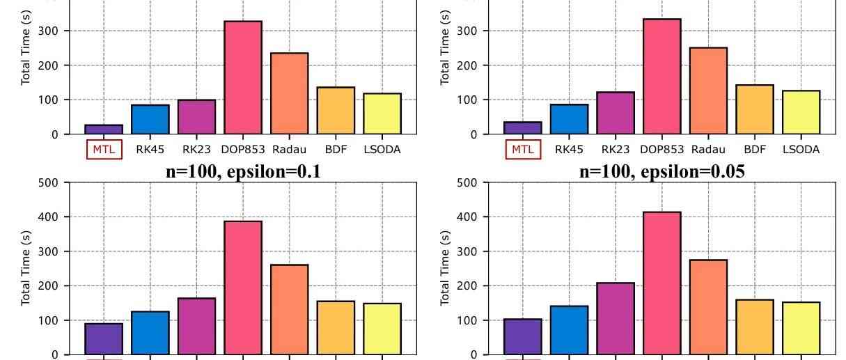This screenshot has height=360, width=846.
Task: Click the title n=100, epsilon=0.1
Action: click(x=242, y=172)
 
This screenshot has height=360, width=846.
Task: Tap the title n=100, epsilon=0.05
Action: click(x=661, y=172)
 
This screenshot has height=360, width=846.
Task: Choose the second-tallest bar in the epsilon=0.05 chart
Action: click(x=708, y=307)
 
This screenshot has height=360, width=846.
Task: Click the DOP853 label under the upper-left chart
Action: click(x=242, y=149)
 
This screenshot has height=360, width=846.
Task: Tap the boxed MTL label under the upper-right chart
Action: click(x=522, y=149)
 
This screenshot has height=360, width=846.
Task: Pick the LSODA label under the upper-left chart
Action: click(x=382, y=149)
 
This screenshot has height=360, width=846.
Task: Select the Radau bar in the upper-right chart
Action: click(x=708, y=91)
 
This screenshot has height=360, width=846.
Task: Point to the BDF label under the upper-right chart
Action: click(x=755, y=149)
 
